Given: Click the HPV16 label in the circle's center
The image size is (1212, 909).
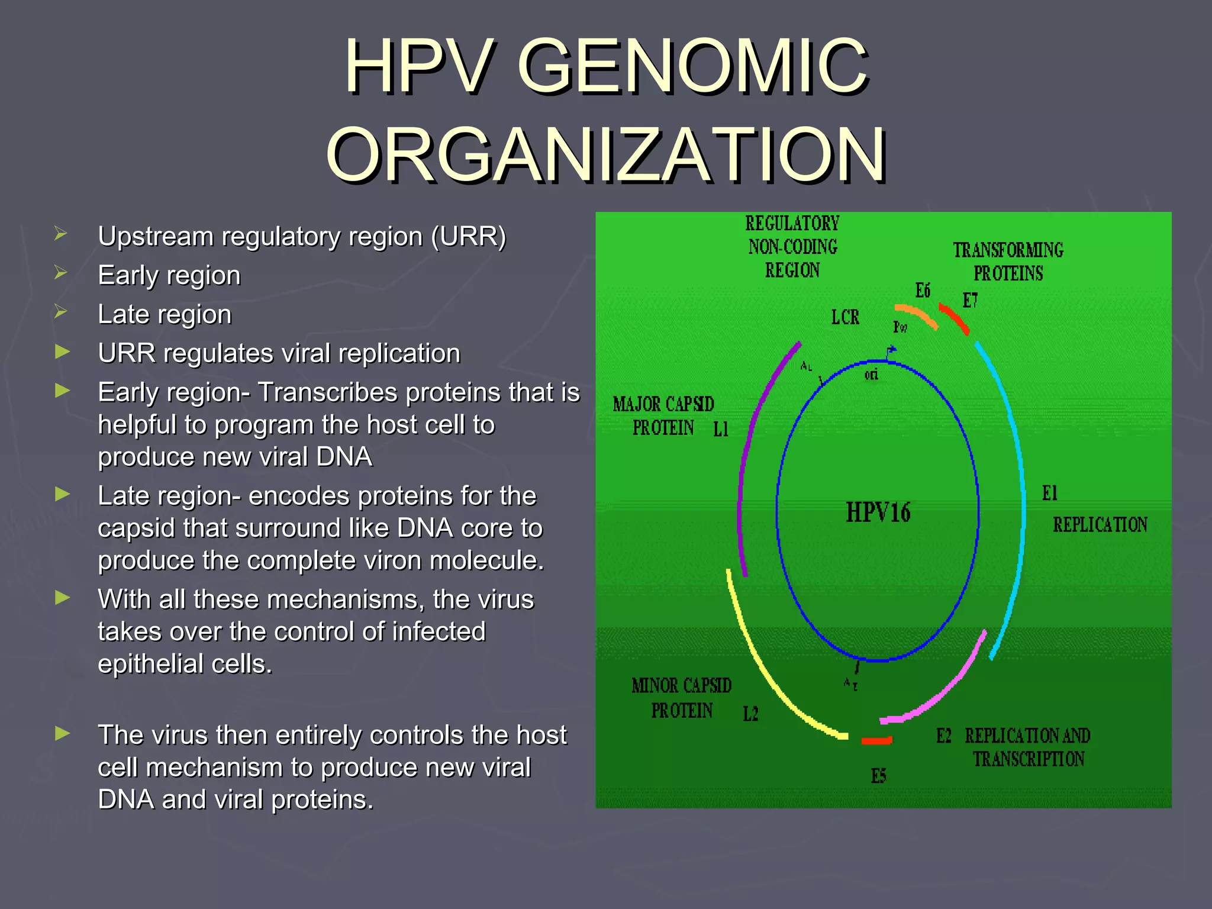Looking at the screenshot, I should (878, 512).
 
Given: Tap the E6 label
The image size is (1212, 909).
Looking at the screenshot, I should (923, 291).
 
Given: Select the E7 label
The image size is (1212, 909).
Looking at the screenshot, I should (970, 301).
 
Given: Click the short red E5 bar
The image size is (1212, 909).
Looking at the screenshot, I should (876, 740).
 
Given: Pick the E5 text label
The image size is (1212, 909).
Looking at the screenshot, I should (878, 776).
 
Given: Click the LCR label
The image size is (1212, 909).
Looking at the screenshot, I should (845, 317).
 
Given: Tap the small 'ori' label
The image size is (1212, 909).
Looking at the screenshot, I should (871, 375).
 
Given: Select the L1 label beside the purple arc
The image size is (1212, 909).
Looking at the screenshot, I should (720, 430).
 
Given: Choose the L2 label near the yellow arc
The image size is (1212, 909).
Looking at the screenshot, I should (750, 714).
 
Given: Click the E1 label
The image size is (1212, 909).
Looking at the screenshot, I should (1049, 493).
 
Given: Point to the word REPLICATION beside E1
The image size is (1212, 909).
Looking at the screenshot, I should (1100, 524).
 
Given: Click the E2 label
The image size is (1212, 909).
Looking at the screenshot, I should (943, 736).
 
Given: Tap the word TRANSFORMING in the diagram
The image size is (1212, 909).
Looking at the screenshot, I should (1008, 250).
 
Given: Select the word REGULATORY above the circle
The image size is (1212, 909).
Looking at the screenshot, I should (792, 224).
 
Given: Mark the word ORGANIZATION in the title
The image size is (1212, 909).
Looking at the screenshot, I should (605, 155).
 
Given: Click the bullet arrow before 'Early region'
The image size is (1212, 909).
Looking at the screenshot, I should (60, 273).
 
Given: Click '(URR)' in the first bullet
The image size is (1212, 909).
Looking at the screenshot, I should (469, 237).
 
